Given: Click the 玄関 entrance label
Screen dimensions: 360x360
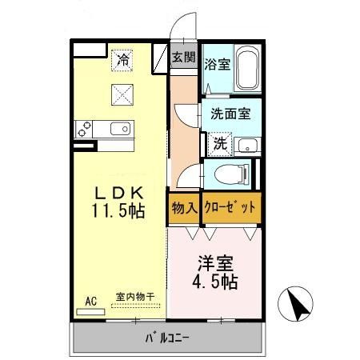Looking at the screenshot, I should (x=183, y=57).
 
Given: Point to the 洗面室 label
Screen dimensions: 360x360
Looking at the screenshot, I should (x=231, y=113).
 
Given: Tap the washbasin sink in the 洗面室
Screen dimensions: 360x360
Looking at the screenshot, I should (x=248, y=145).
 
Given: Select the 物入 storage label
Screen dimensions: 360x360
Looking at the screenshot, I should (x=184, y=207).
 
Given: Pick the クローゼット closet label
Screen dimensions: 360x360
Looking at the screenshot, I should (x=230, y=207).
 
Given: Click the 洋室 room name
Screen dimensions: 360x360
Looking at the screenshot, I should (x=214, y=262).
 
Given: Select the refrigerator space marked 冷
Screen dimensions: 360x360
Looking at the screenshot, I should (x=122, y=58).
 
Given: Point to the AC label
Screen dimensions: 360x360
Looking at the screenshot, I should (x=90, y=301).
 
